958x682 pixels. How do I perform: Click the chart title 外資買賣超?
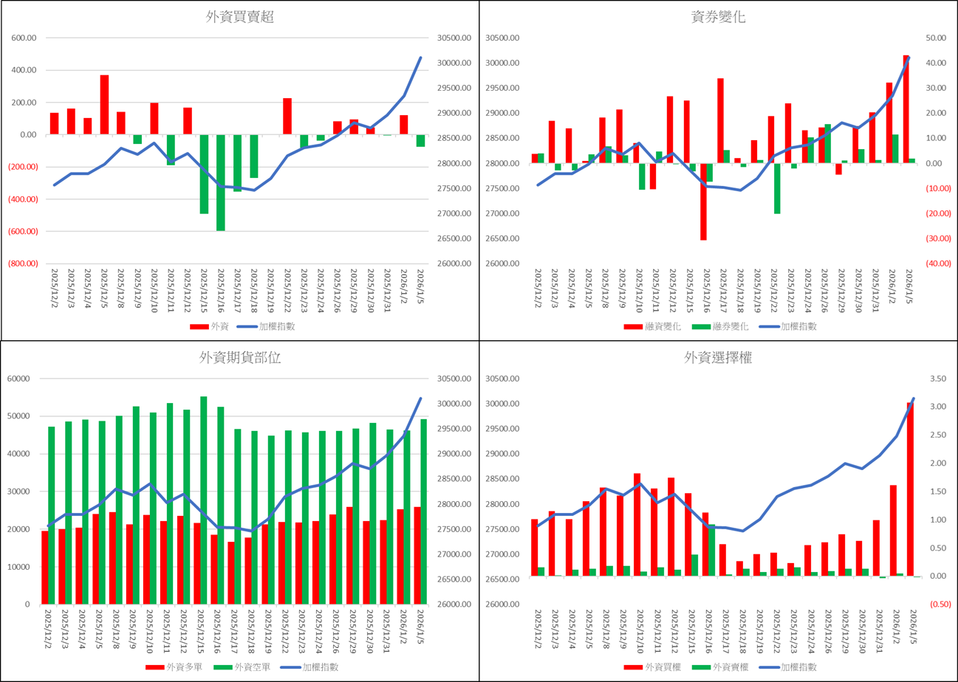tap(240, 18)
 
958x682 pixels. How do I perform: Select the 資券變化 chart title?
tap(719, 18)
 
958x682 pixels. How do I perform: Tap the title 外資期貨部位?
tap(240, 358)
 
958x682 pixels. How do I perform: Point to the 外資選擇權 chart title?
tap(719, 358)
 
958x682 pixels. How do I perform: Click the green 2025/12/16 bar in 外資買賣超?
tap(220, 182)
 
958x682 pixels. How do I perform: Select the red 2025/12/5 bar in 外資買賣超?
tap(104, 105)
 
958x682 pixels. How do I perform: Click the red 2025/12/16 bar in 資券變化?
tap(703, 201)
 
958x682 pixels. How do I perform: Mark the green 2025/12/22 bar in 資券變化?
tap(777, 188)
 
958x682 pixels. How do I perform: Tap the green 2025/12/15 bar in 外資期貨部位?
tap(204, 500)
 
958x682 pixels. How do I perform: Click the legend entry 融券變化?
tap(719, 326)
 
